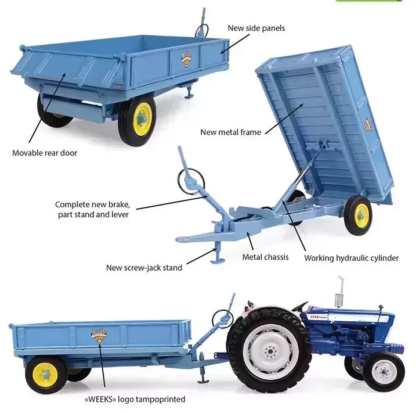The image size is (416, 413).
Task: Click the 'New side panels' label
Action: (256, 28)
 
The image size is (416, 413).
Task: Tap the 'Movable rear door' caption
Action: (45, 153)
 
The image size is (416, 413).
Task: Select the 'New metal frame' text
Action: (230, 132)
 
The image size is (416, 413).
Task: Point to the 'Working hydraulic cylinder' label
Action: (351, 258)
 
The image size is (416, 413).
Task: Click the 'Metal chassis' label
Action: (265, 257)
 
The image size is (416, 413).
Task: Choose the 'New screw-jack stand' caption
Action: (144, 268)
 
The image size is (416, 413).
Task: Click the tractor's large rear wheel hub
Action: (270, 352)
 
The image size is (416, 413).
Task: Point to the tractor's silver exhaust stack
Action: (339, 293)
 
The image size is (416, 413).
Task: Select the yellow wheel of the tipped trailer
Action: (359, 215)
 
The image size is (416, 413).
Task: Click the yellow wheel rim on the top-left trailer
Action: (143, 118)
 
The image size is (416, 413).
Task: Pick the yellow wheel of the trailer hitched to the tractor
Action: (46, 375)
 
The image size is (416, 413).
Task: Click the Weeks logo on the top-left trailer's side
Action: (187, 59)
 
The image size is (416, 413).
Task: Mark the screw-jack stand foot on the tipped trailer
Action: (218, 261)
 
